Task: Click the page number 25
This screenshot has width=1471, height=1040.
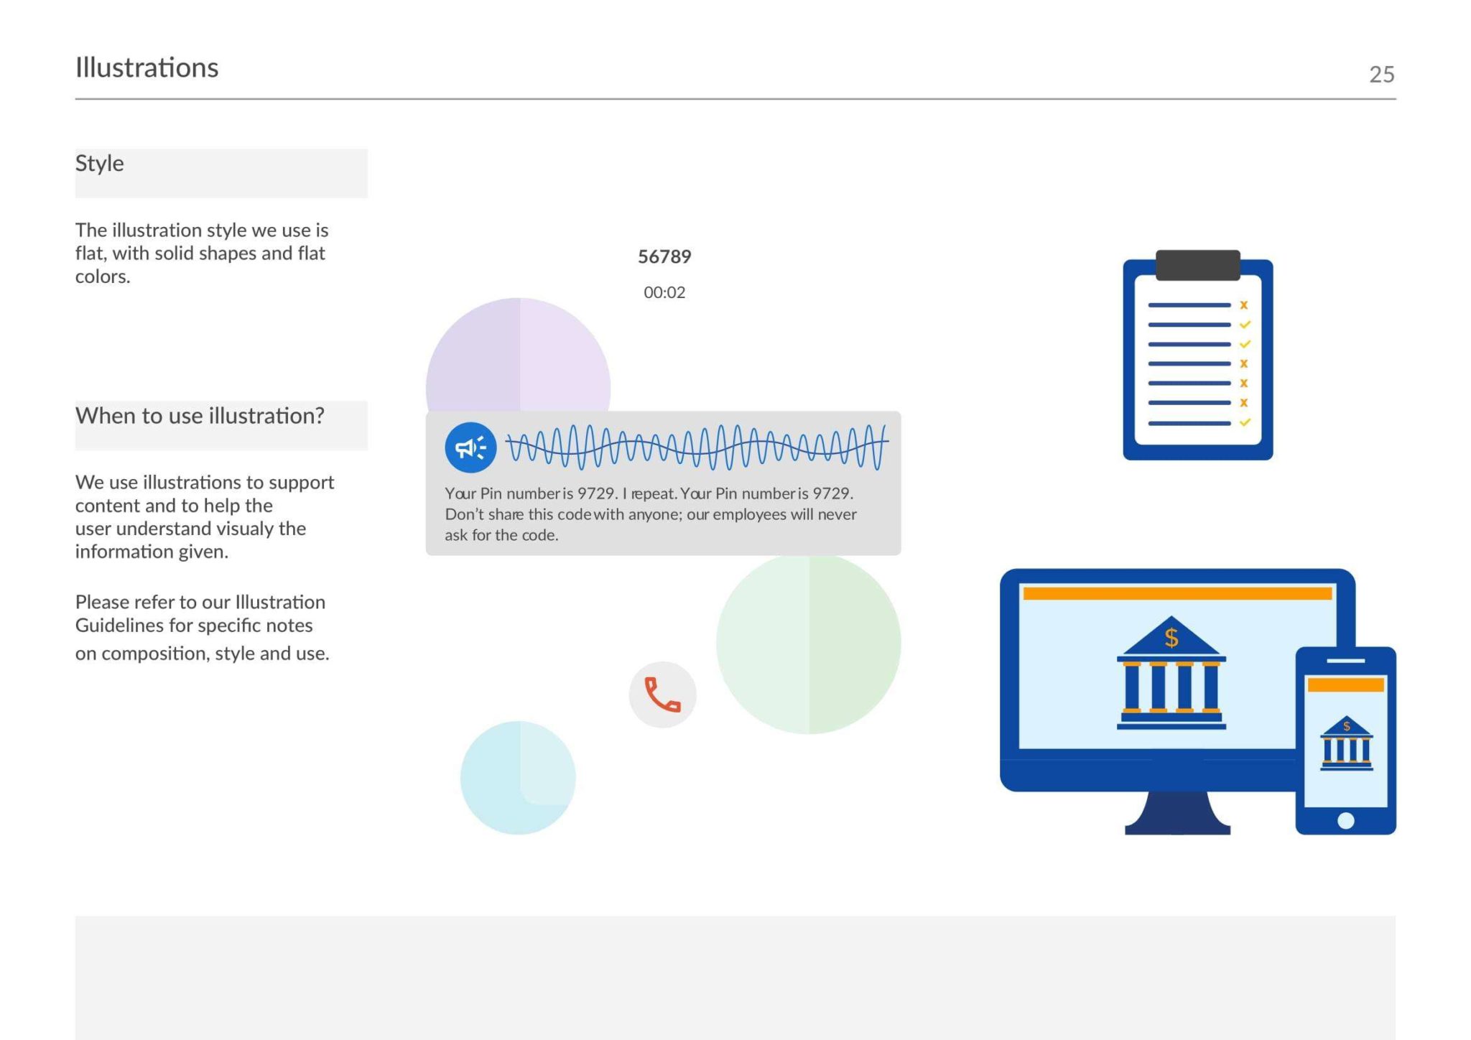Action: point(1381,74)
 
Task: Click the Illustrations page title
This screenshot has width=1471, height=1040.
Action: point(147,68)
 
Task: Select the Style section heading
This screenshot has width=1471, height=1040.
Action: point(100,164)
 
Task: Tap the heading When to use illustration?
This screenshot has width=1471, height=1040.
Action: point(200,416)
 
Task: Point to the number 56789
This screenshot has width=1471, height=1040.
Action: point(664,256)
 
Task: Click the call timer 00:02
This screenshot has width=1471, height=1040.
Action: point(664,292)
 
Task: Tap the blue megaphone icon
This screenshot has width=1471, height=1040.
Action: point(470,447)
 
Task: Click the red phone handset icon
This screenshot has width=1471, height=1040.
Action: point(662,695)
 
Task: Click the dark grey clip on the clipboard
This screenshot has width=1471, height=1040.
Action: point(1197,265)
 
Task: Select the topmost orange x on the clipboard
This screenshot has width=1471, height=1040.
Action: point(1243,305)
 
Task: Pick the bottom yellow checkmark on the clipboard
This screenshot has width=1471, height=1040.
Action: point(1245,422)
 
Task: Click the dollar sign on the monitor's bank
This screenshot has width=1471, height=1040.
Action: point(1171,637)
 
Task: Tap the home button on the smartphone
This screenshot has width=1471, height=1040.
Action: point(1346,820)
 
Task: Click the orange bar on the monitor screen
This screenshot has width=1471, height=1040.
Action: point(1177,593)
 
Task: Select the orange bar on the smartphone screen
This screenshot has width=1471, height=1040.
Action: point(1345,684)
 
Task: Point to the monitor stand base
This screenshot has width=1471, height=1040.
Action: point(1177,814)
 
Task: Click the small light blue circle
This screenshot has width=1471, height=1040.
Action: point(518,778)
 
